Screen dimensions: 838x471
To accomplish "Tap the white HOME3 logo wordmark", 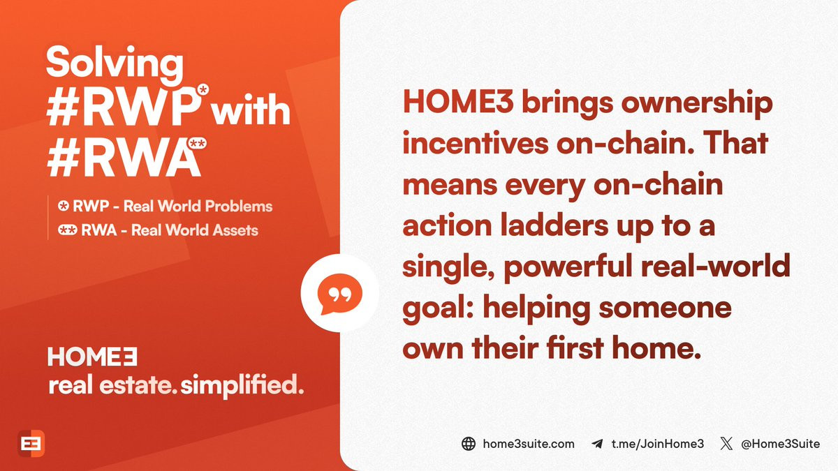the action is point(92,357).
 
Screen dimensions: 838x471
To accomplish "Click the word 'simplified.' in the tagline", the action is point(242,386).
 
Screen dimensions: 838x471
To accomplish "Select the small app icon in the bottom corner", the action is point(31,443).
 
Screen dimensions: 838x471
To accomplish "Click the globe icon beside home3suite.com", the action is point(469,444).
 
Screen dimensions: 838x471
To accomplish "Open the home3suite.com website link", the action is point(529,444).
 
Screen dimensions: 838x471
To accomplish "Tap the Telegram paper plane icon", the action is point(598,444).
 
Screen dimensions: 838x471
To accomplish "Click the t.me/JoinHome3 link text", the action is point(658,444).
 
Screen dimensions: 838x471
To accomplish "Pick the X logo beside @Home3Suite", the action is point(726,444).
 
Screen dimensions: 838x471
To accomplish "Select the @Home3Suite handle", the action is point(781,444).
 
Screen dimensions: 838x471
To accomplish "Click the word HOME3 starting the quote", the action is point(458,102).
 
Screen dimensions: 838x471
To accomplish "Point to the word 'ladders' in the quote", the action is point(554,225).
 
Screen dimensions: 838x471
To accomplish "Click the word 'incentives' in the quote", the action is point(476,143).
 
